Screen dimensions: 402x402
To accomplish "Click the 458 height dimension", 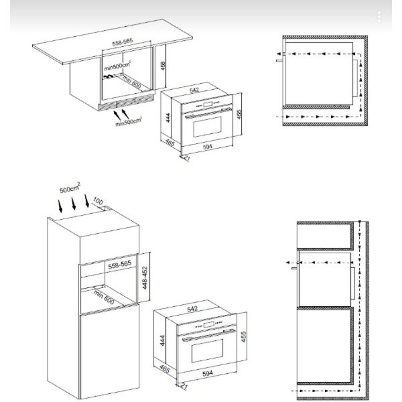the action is point(163,66).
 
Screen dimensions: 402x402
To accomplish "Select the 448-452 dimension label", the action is point(145,278).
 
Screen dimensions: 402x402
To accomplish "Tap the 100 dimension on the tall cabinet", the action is point(98,201).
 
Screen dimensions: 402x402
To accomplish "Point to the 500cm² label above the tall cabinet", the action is point(70,188).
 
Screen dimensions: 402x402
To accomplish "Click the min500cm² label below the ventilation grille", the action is point(129,121).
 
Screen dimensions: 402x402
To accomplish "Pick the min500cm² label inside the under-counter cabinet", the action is point(117,66).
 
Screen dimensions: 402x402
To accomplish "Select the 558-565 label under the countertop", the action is point(123,42).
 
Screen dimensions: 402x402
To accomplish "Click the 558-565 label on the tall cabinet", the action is point(120,265).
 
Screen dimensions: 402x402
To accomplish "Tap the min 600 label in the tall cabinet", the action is point(104,297).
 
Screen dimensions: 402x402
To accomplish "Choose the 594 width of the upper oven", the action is point(208,147).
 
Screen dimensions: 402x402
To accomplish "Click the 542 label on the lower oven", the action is point(192,309).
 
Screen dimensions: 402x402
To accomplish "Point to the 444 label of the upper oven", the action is point(168,118).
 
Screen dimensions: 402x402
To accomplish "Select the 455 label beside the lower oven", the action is point(243,336).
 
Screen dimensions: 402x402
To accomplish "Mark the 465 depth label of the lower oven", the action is point(165,369).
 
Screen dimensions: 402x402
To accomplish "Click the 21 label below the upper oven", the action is point(187,158).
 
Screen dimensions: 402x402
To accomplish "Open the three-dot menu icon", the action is point(379,17).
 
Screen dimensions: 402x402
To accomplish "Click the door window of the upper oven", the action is point(207,127).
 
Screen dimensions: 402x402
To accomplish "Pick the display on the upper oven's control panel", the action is point(208,104).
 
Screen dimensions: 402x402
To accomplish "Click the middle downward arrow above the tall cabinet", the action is point(74,204).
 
